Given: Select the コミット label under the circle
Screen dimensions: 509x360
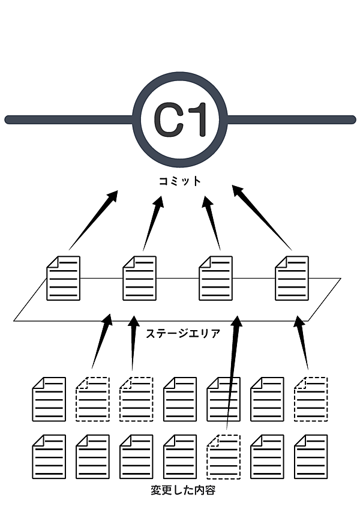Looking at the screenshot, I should pyautogui.click(x=180, y=181).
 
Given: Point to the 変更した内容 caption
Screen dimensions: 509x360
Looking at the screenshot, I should pyautogui.click(x=182, y=491).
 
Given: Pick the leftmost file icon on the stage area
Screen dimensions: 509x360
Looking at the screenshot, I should pyautogui.click(x=64, y=278).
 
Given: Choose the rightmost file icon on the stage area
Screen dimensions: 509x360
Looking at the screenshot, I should pyautogui.click(x=292, y=278).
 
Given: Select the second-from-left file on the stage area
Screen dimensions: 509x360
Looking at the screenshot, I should pyautogui.click(x=140, y=278).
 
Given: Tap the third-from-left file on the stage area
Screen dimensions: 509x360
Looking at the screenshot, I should pyautogui.click(x=215, y=278).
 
